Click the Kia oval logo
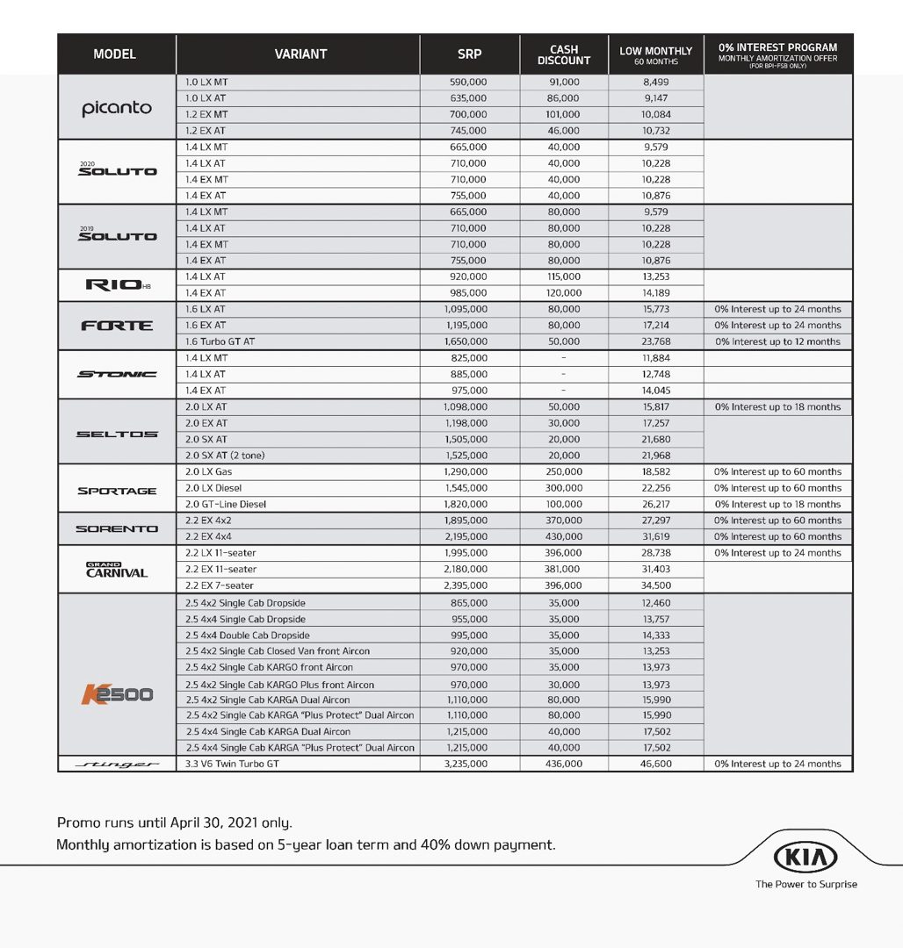click(805, 857)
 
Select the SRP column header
click(469, 54)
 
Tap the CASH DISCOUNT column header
click(563, 54)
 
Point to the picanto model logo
click(117, 108)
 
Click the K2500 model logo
click(117, 694)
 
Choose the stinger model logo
click(117, 765)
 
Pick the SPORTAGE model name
click(117, 491)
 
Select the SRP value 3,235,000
click(466, 765)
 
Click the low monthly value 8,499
click(655, 83)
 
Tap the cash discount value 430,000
click(563, 536)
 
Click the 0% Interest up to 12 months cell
click(777, 341)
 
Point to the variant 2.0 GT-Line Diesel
click(226, 504)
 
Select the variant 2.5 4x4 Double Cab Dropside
click(247, 635)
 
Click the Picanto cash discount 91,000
click(563, 83)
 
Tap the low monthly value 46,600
click(655, 765)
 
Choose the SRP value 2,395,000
click(466, 585)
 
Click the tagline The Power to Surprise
click(805, 884)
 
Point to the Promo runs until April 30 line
click(174, 822)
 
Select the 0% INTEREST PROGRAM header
click(777, 54)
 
